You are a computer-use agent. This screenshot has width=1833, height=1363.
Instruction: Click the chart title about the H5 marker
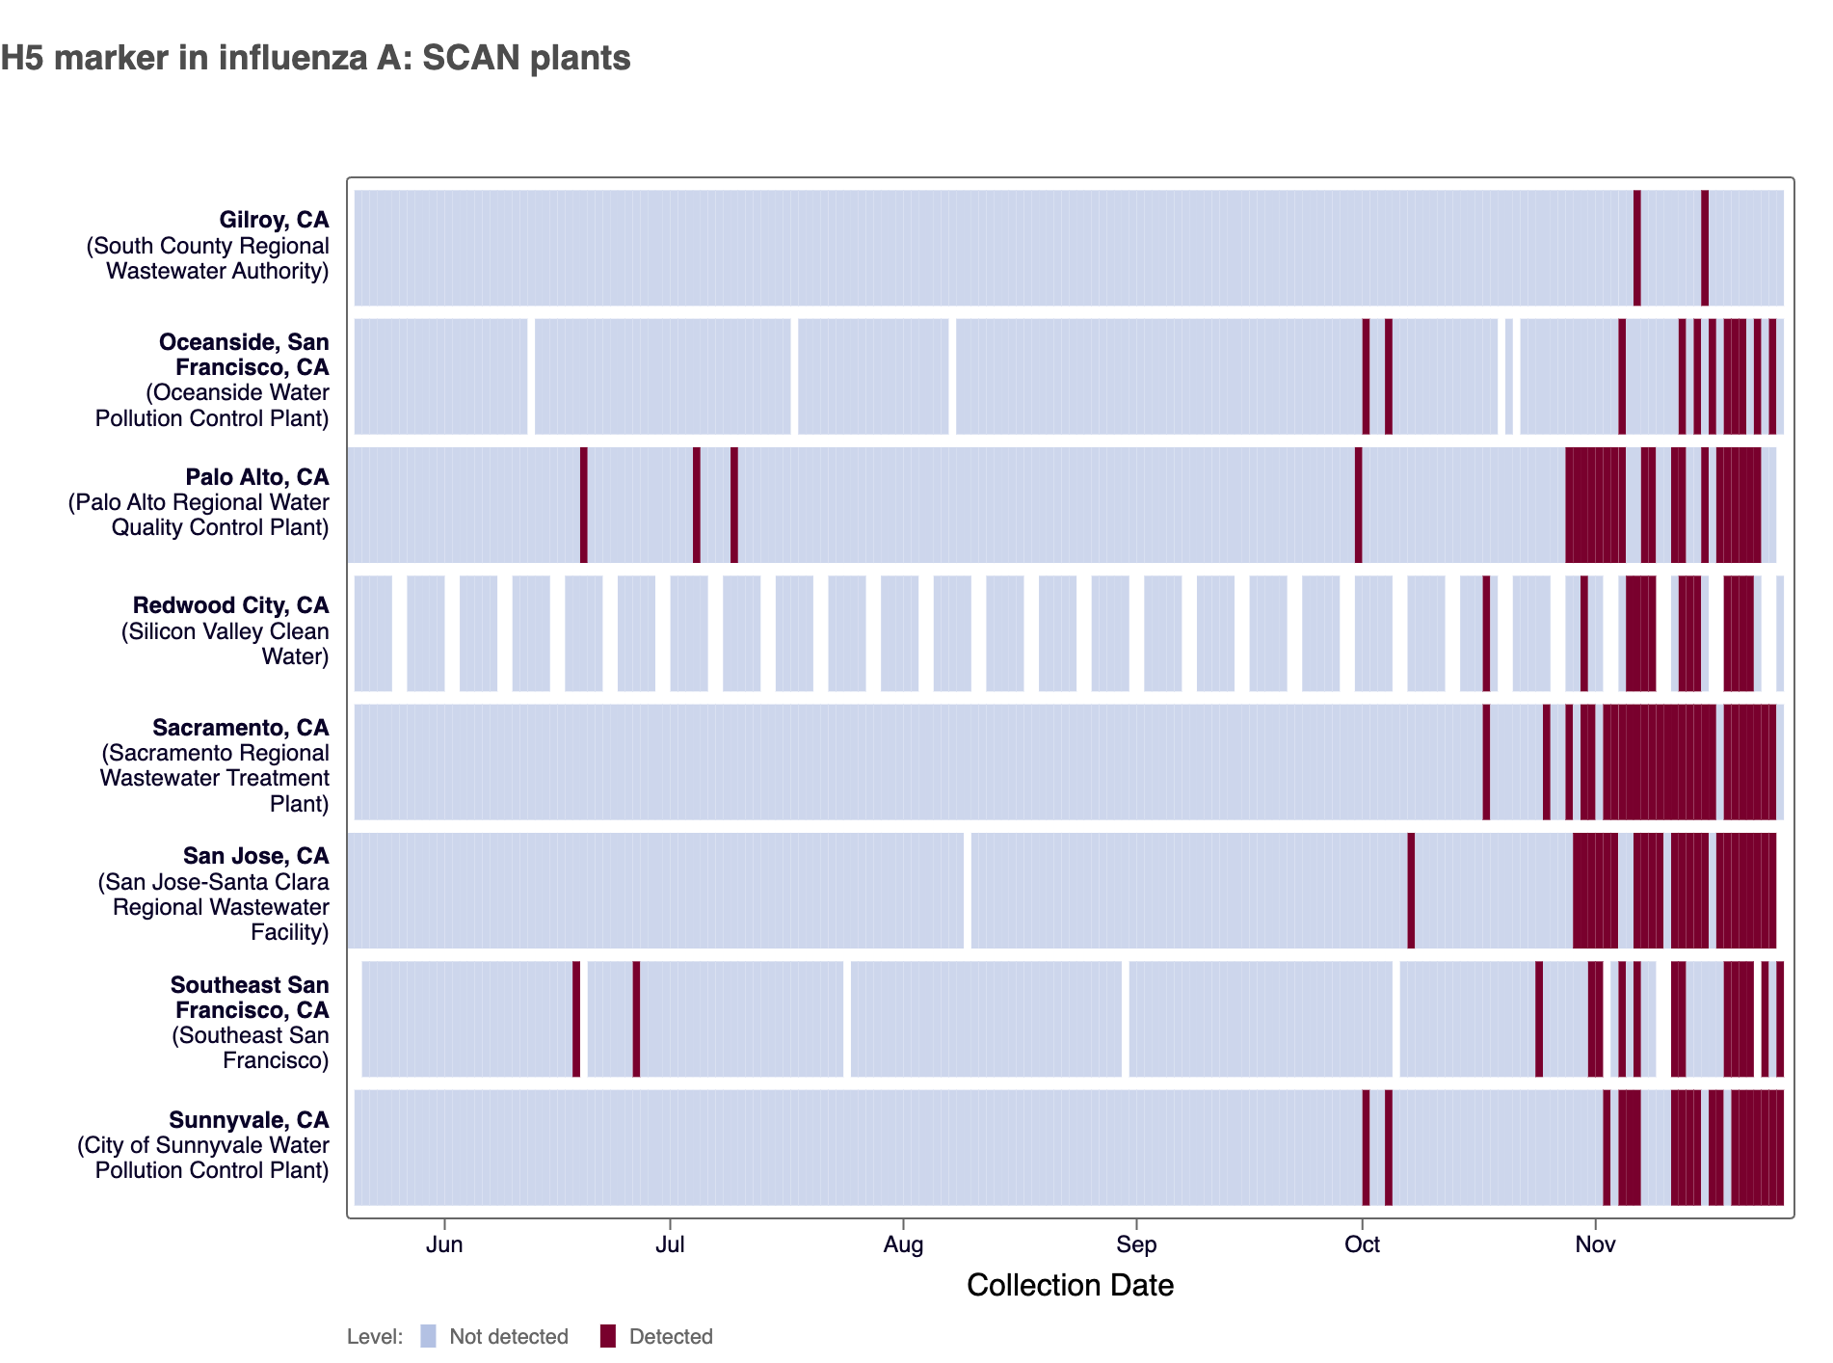click(x=315, y=58)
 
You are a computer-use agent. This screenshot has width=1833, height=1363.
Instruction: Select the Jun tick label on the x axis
click(x=444, y=1244)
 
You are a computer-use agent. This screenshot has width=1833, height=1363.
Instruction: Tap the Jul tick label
click(x=670, y=1244)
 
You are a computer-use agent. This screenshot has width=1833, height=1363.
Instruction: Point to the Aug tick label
click(x=903, y=1244)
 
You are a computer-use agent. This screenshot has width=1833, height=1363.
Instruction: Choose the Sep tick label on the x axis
click(x=1136, y=1244)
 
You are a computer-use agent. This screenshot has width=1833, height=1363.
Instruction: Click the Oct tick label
click(x=1362, y=1244)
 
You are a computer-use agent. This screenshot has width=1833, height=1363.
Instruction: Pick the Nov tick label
click(x=1595, y=1244)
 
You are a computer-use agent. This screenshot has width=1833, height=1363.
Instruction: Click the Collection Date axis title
click(x=1070, y=1285)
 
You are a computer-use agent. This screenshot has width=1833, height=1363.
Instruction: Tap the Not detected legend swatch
click(x=429, y=1336)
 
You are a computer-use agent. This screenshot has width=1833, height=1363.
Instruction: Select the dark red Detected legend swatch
click(x=608, y=1336)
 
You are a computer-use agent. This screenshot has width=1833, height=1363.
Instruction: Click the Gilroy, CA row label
click(x=274, y=221)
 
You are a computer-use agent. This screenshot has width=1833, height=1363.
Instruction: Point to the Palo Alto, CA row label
click(x=257, y=477)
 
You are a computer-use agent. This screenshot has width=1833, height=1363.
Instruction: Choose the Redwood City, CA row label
click(x=230, y=605)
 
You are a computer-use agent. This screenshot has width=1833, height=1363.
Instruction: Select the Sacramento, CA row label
click(x=240, y=728)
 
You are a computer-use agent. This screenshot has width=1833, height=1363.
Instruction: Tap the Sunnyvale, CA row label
click(x=249, y=1120)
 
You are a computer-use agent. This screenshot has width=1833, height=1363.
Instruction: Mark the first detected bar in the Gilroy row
click(x=1637, y=248)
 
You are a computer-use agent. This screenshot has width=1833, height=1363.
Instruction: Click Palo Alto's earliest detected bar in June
click(x=584, y=504)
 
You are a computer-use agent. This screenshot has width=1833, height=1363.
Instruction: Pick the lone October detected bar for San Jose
click(x=1411, y=890)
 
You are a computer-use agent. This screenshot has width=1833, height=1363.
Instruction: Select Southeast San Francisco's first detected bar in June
click(x=576, y=1019)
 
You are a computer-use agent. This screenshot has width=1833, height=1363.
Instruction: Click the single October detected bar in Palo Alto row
click(x=1359, y=504)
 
